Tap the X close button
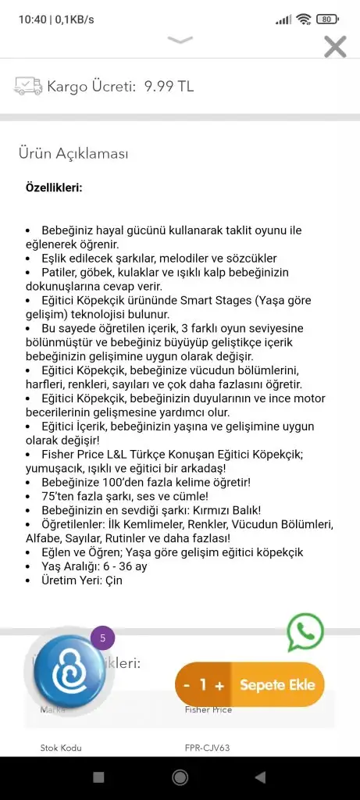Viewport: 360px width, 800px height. click(x=335, y=47)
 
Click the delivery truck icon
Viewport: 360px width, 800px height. click(x=27, y=86)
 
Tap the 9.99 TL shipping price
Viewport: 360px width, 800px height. click(x=169, y=87)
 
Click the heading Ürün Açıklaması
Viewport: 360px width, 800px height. click(x=73, y=154)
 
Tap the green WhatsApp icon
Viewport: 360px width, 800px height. click(x=305, y=632)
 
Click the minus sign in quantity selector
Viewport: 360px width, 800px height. click(x=187, y=685)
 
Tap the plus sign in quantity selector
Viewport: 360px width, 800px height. click(x=219, y=685)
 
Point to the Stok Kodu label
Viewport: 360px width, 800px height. click(x=61, y=748)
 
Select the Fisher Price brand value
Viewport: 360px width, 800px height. click(x=208, y=710)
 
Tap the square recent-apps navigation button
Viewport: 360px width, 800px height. click(x=98, y=777)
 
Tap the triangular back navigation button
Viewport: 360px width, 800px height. click(x=260, y=777)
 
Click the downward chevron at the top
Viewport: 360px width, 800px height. click(x=180, y=39)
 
